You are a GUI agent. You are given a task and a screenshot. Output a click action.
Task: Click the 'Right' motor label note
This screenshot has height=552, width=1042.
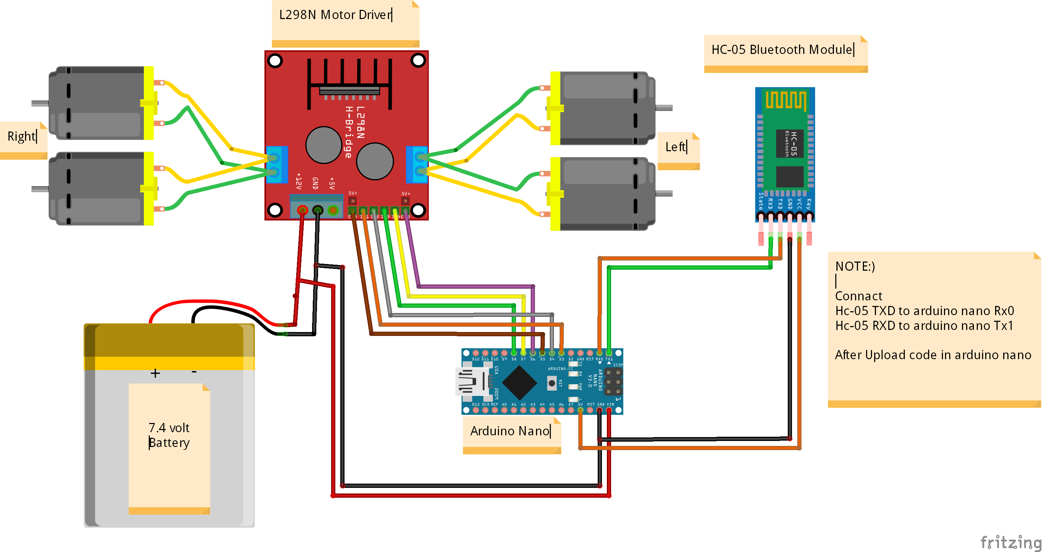(22, 137)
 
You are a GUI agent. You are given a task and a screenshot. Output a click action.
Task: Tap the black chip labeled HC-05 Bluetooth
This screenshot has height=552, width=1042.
(789, 143)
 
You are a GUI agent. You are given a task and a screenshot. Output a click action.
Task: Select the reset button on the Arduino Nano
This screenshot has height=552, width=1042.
(552, 383)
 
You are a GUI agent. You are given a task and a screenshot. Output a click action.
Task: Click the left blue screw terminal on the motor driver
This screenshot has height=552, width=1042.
(277, 165)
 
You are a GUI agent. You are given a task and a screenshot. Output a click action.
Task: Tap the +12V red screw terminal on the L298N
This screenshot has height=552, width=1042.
(302, 210)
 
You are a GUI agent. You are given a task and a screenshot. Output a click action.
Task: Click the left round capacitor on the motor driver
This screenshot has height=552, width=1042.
(324, 145)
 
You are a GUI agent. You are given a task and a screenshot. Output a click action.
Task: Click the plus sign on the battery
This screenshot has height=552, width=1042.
(155, 373)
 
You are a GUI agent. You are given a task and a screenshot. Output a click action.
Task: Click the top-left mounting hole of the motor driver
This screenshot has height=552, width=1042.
(275, 61)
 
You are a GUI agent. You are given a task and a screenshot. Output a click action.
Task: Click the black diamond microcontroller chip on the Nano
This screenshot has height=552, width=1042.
(519, 382)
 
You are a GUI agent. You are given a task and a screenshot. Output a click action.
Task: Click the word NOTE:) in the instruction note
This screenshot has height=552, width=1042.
(855, 266)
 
